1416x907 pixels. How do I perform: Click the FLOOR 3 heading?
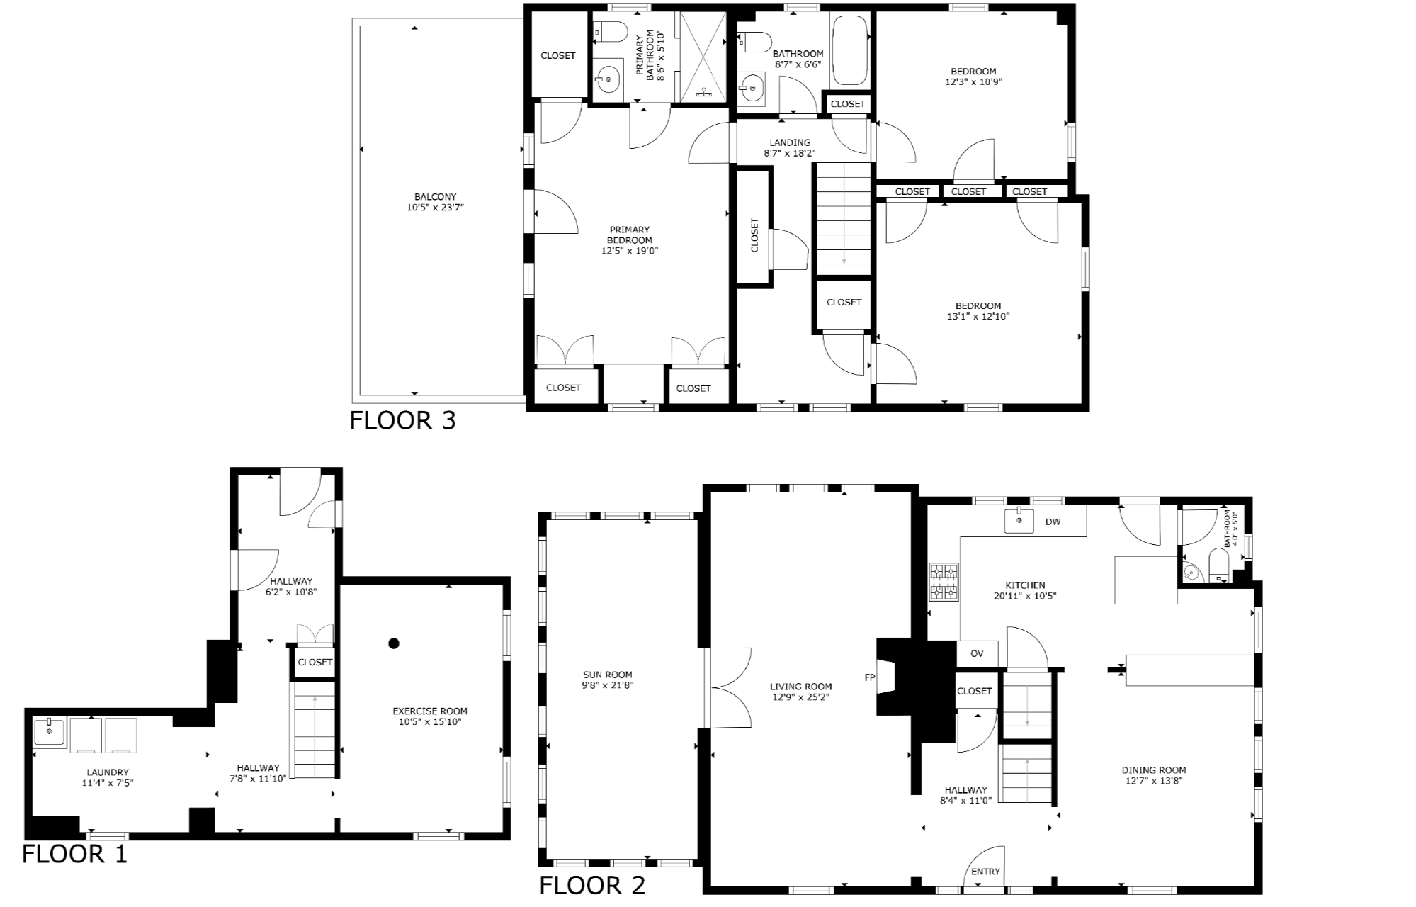pos(402,420)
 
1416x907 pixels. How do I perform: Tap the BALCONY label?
pos(435,197)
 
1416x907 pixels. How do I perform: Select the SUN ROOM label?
pos(608,675)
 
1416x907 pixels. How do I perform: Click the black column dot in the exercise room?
pos(394,643)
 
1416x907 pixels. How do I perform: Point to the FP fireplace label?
pos(870,677)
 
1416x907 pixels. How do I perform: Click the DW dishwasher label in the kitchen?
pos(1053,522)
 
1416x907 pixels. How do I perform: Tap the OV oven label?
pos(977,653)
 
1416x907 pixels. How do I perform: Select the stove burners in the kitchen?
pos(944,581)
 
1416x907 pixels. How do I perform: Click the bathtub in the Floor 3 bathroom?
pos(850,50)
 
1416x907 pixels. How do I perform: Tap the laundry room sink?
pos(49,732)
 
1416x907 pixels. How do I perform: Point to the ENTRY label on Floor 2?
pos(985,872)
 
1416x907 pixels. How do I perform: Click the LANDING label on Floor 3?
pos(789,142)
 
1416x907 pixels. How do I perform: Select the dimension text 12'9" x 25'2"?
pos(800,697)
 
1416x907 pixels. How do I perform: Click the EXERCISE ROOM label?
pos(430,711)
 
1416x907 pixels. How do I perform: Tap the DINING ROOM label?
pos(1153,770)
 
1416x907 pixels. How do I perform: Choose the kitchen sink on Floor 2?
pos(1019,521)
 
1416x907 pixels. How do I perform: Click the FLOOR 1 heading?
pos(74,854)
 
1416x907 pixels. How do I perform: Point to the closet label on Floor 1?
pos(315,662)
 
